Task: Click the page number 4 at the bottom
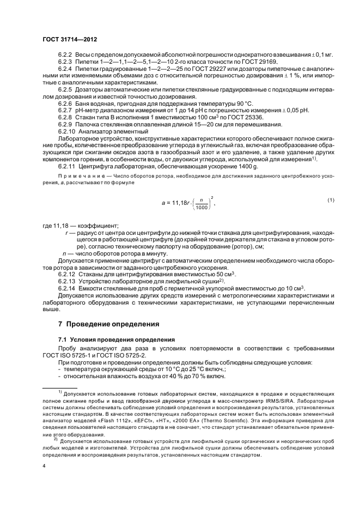pos(44,466)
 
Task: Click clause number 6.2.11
pos(67,165)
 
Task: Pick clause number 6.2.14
pos(67,288)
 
